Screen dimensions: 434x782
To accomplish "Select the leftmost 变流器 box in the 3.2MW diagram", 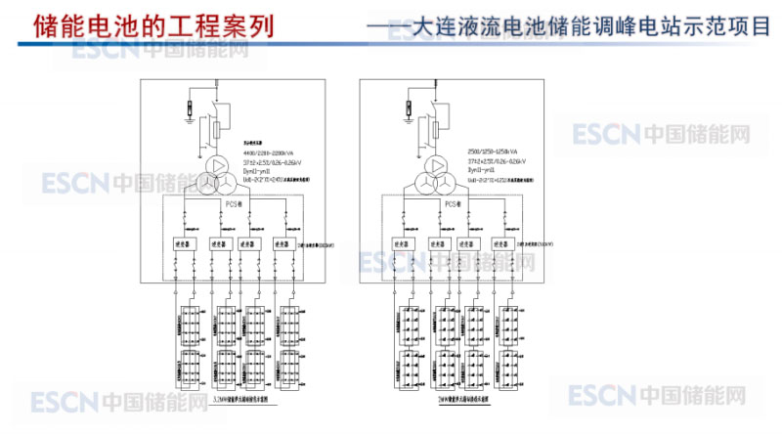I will (183, 243).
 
